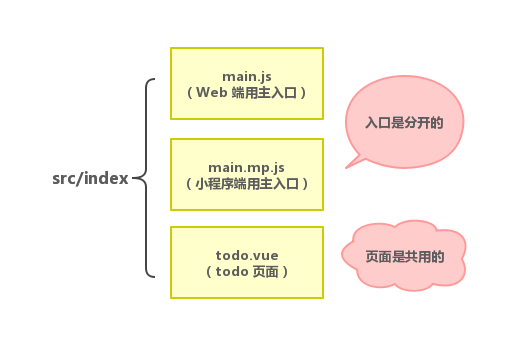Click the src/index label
[x=90, y=179]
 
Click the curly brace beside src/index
[x=148, y=178]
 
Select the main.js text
[x=246, y=76]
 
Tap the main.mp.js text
[x=246, y=166]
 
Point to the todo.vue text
[x=246, y=254]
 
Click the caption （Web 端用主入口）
[x=246, y=92]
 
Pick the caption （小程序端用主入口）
[x=246, y=183]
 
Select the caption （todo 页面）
[x=246, y=271]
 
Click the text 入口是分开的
[x=403, y=122]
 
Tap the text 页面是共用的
[x=404, y=255]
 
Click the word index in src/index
[x=109, y=179]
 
